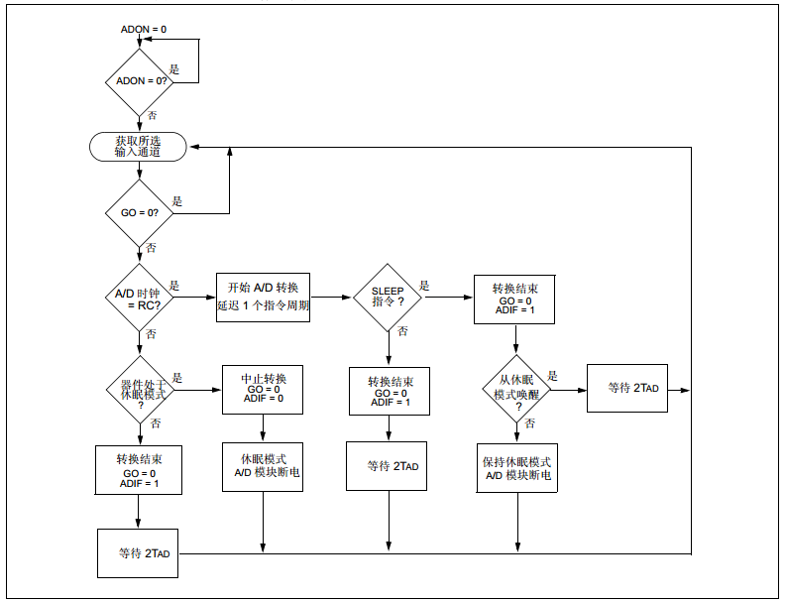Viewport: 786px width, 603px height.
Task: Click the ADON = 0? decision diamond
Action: pos(140,82)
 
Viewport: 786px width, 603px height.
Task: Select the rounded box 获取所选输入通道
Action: pos(138,147)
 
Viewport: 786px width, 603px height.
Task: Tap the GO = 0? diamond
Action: pos(140,213)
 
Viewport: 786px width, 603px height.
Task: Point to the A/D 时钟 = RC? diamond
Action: pos(140,298)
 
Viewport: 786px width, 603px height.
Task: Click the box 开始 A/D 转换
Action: pos(264,297)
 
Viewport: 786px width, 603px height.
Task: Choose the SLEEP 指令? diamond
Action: pos(388,298)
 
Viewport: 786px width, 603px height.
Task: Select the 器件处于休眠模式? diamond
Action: pos(141,390)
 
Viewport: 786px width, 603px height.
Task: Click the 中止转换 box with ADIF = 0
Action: pos(263,390)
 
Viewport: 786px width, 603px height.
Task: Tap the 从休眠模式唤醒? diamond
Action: pos(516,390)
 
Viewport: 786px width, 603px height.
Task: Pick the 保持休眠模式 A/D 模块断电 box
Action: pos(516,467)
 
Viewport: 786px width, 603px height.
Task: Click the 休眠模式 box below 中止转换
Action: pos(263,466)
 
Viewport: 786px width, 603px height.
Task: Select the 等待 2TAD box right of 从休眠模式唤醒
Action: pos(627,389)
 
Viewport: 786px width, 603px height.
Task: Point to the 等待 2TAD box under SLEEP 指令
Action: pos(387,466)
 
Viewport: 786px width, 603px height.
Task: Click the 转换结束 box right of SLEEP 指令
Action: pos(514,299)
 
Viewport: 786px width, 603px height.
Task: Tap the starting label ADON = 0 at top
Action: pos(144,29)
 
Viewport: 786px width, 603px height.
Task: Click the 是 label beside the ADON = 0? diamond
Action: pos(173,69)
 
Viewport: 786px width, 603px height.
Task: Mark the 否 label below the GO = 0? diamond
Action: pos(151,248)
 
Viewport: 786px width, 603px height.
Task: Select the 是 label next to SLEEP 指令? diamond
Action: pos(424,286)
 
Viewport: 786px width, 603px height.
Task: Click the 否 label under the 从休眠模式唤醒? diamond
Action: pos(530,423)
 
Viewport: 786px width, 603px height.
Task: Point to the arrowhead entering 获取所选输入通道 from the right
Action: pos(194,147)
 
